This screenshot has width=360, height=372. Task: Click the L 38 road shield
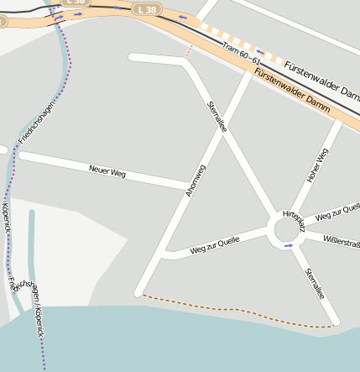coord(146,9)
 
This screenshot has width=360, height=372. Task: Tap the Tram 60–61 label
coord(242,55)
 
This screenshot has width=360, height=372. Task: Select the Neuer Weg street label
coord(107,172)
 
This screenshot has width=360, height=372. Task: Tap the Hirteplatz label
coord(293,221)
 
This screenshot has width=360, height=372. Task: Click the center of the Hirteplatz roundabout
coord(286,231)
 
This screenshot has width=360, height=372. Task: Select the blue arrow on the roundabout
coord(289,246)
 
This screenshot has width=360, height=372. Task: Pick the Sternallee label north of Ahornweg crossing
coord(217,117)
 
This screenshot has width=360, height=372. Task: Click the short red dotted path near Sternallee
coord(189,52)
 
